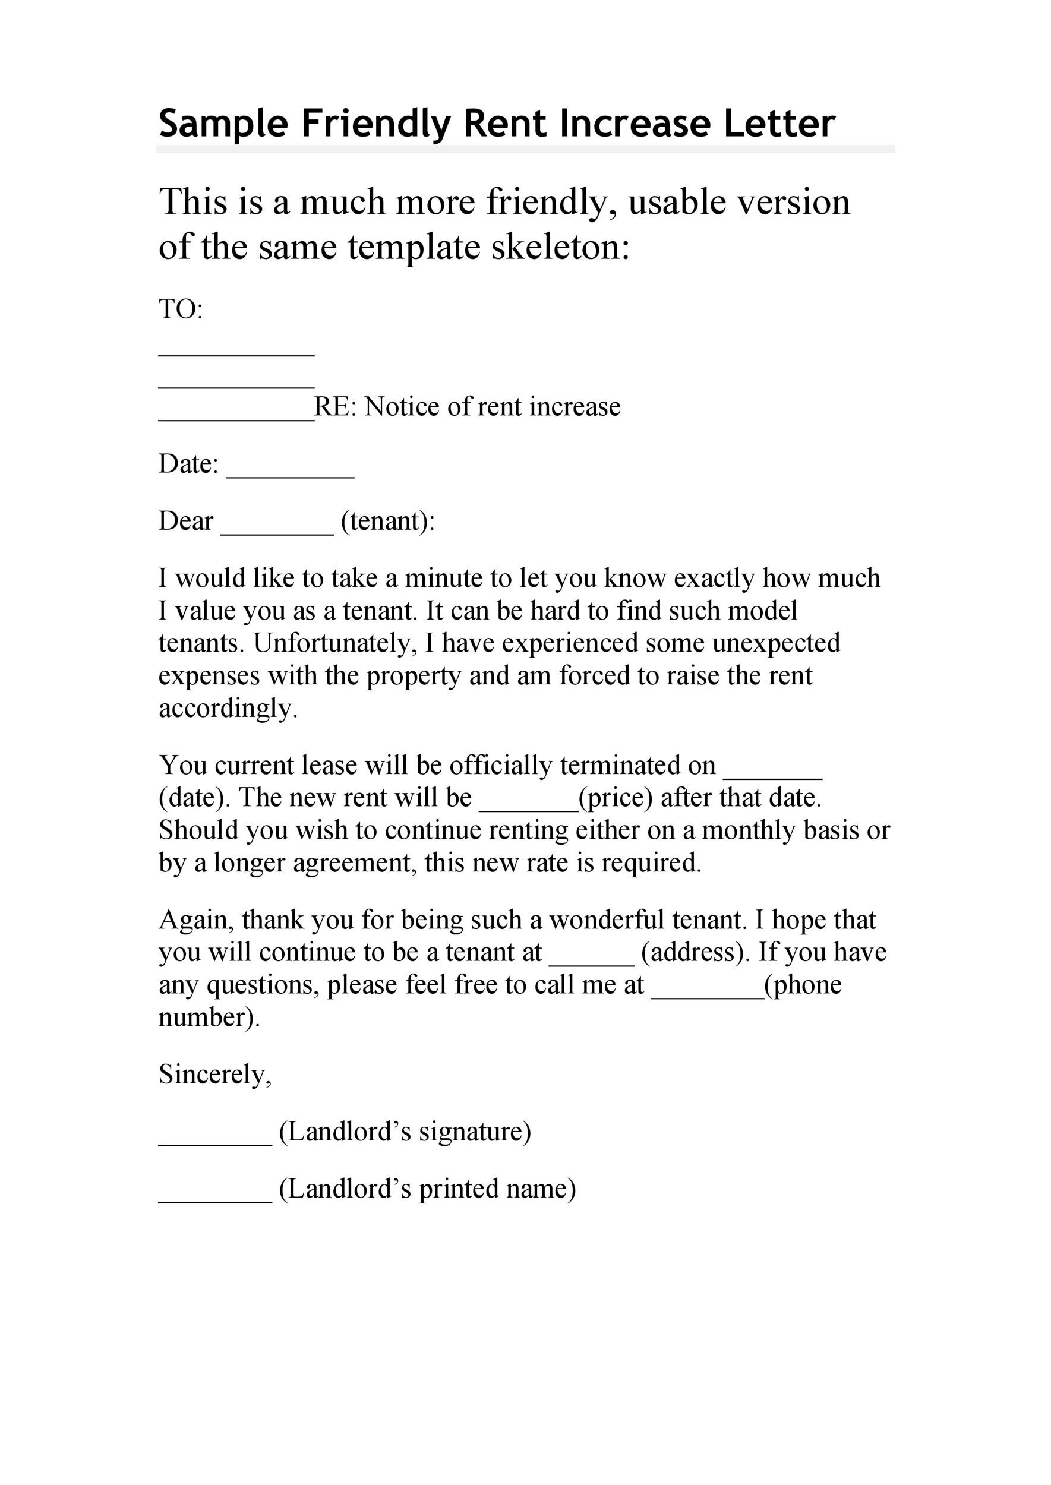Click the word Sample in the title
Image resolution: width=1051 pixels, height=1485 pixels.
(x=223, y=124)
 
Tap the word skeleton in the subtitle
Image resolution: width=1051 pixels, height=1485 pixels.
(x=560, y=247)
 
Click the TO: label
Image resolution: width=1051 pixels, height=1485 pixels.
(x=181, y=310)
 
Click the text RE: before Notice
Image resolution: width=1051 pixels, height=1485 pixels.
(x=335, y=407)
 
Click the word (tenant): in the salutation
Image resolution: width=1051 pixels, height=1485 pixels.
(x=387, y=522)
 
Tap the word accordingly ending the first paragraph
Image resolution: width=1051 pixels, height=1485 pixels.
(x=228, y=709)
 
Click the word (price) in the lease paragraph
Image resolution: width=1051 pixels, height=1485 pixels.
(x=616, y=798)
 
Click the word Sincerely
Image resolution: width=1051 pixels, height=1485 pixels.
(x=215, y=1075)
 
